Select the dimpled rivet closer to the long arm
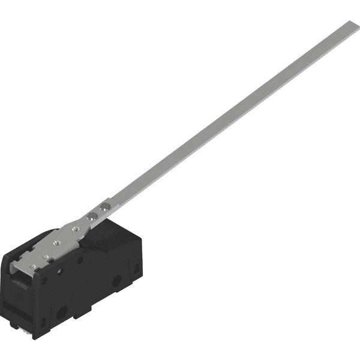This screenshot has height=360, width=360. point(103,206)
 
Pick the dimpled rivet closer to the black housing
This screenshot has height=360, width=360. point(91,215)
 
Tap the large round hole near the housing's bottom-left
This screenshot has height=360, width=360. point(60,312)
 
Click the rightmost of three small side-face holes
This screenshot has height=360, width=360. point(80,260)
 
